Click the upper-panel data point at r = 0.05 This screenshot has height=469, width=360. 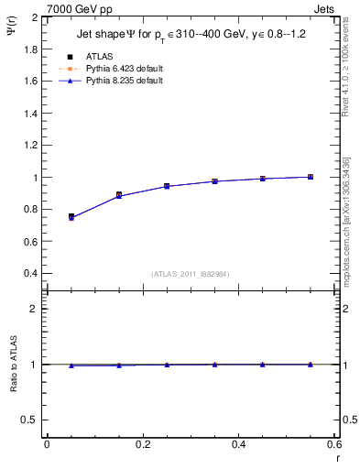coord(71,217)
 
